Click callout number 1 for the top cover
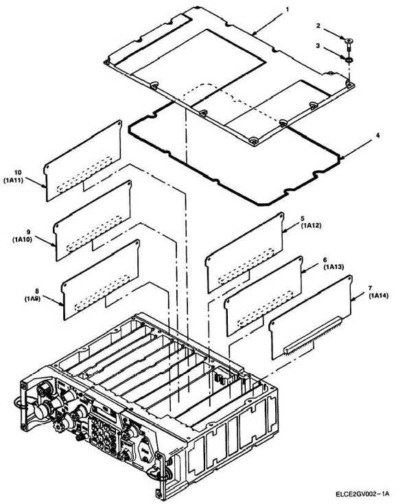[287, 10]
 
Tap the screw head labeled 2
[349, 41]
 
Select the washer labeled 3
[349, 60]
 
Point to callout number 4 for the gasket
[378, 136]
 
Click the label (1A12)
[311, 226]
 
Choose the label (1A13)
[333, 267]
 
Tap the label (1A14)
[379, 295]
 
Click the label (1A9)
[32, 299]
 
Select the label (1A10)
[23, 239]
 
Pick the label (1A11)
[14, 181]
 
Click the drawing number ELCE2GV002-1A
[363, 494]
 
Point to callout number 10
[18, 173]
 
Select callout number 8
[36, 291]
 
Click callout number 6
[325, 260]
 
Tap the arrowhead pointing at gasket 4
[342, 157]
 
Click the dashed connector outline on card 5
[246, 266]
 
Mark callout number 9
[29, 232]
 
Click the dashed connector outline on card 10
[84, 174]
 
